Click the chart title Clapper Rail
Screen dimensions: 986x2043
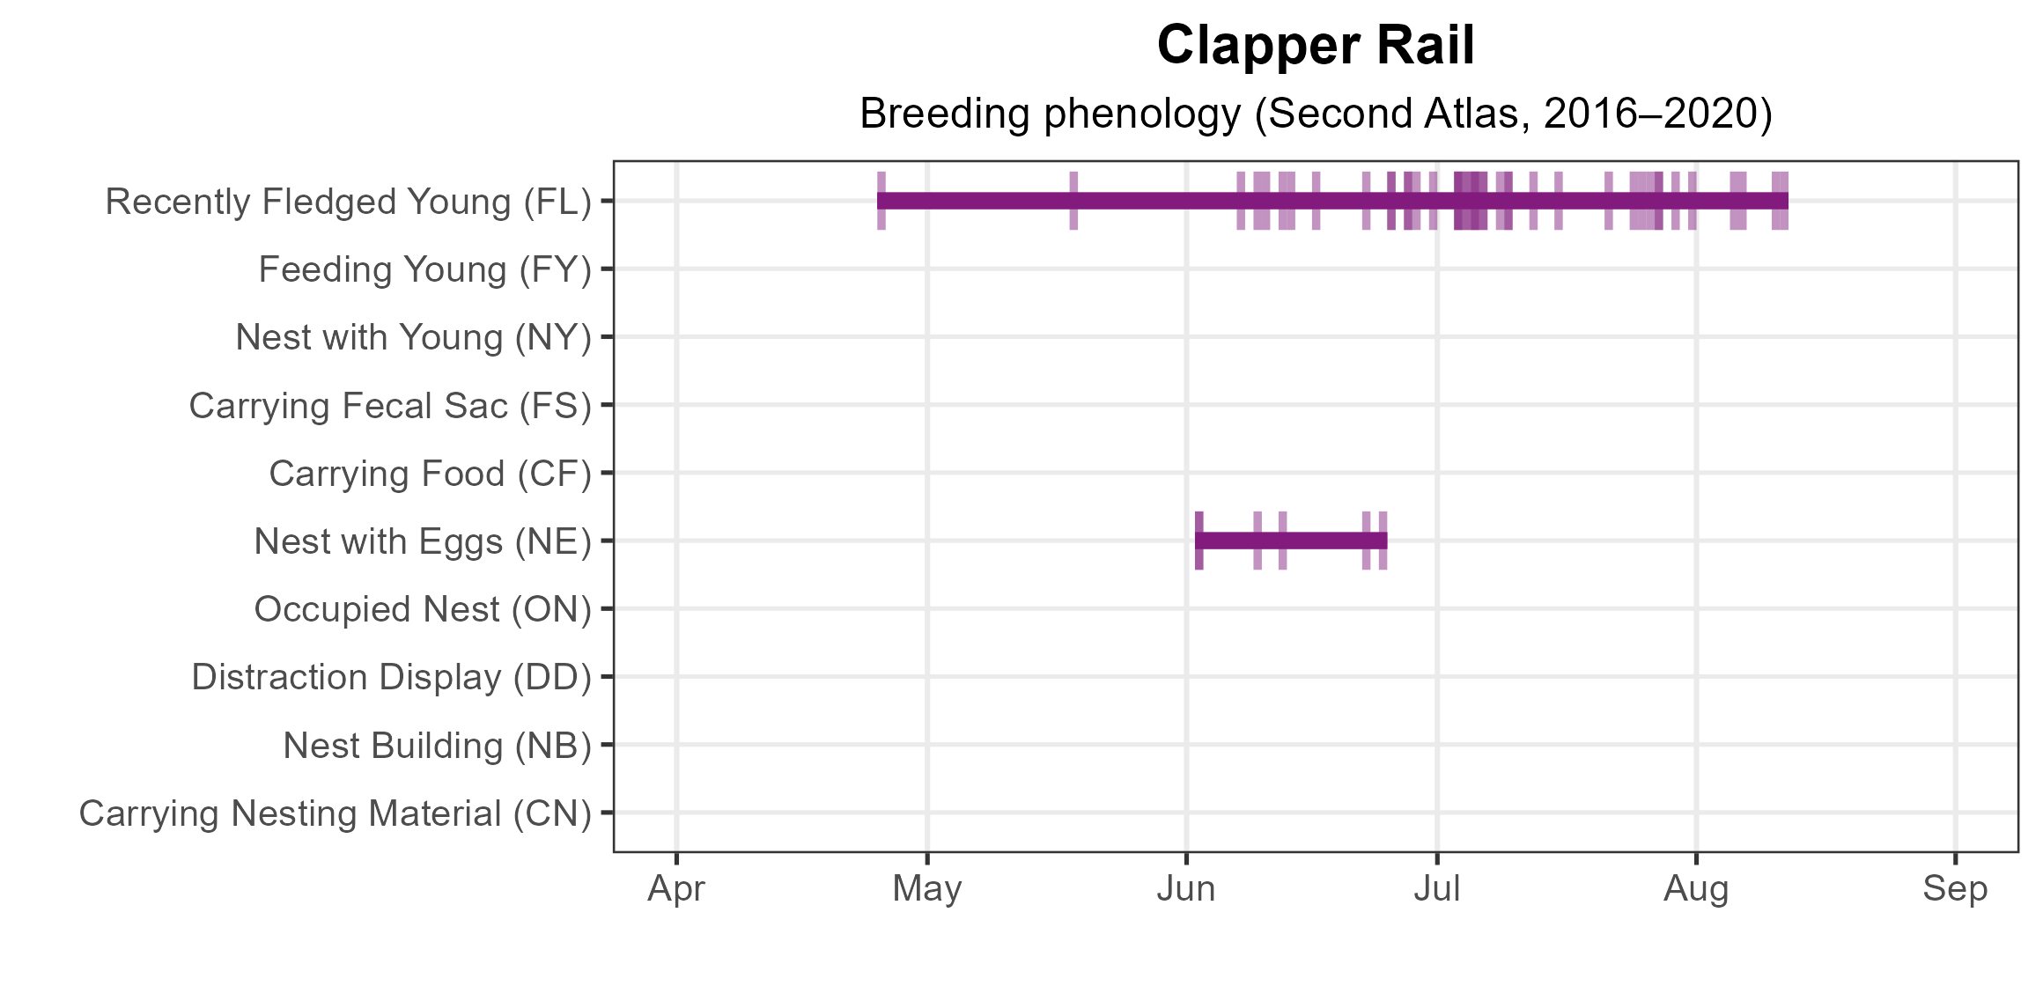pyautogui.click(x=1316, y=46)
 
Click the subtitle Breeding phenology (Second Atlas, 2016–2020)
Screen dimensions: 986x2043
pyautogui.click(x=1316, y=114)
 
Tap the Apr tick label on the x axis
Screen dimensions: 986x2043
pyautogui.click(x=676, y=889)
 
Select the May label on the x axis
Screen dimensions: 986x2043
pyautogui.click(x=927, y=889)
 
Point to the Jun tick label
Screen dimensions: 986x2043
pyautogui.click(x=1186, y=889)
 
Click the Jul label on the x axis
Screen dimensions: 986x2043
pyautogui.click(x=1437, y=889)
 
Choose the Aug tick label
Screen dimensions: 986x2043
pyautogui.click(x=1696, y=889)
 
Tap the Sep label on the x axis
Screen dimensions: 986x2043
pyautogui.click(x=1955, y=889)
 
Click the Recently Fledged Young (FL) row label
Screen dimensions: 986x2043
pyautogui.click(x=349, y=202)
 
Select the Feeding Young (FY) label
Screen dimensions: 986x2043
pyautogui.click(x=424, y=269)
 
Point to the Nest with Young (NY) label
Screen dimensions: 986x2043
pyautogui.click(x=413, y=337)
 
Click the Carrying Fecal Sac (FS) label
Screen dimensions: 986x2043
pyautogui.click(x=390, y=406)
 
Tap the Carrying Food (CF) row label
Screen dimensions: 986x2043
pyautogui.click(x=430, y=474)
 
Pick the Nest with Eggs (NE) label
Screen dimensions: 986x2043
pyautogui.click(x=423, y=541)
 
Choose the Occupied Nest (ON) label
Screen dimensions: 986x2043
pyautogui.click(x=423, y=609)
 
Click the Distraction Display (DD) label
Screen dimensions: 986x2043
pyautogui.click(x=391, y=677)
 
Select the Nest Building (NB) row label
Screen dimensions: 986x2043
pyautogui.click(x=437, y=746)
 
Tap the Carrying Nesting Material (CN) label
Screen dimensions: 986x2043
pyautogui.click(x=336, y=813)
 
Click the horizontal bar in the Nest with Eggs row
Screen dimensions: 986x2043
pyautogui.click(x=1291, y=541)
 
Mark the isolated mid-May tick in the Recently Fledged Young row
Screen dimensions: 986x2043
pyautogui.click(x=1073, y=201)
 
